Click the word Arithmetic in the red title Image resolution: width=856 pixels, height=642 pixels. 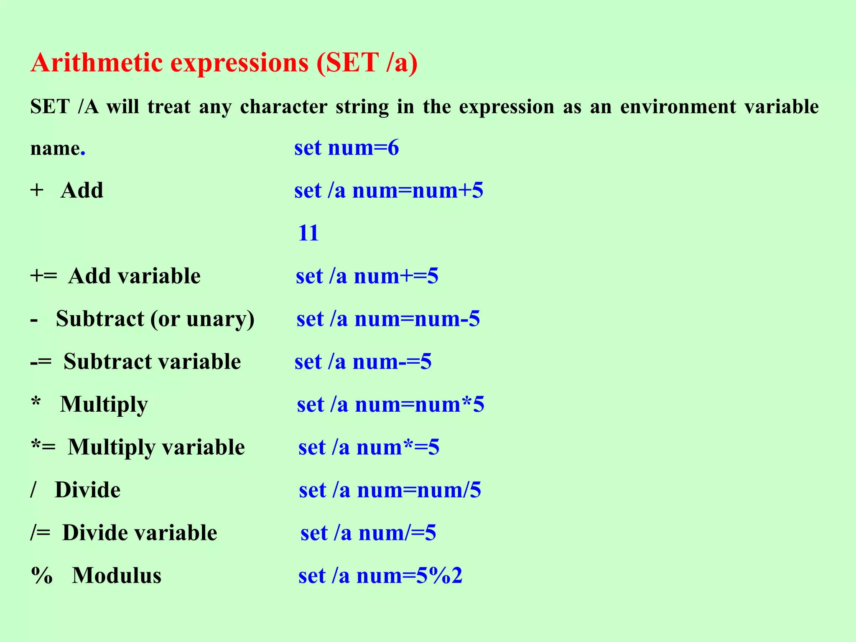pyautogui.click(x=97, y=63)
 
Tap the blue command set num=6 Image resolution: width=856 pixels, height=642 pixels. pyautogui.click(x=346, y=148)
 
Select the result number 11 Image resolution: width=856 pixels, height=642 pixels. pyautogui.click(x=308, y=233)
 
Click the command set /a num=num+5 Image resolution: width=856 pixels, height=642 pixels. pyautogui.click(x=389, y=191)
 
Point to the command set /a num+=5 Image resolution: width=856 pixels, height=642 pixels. pyautogui.click(x=367, y=276)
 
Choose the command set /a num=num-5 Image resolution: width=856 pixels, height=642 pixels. pyautogui.click(x=388, y=319)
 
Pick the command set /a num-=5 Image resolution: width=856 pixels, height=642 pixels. pyautogui.click(x=363, y=362)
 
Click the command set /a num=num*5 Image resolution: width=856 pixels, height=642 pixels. pyautogui.click(x=390, y=405)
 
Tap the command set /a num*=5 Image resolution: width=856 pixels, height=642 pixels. pyautogui.click(x=369, y=447)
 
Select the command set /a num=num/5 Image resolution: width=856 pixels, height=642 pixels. pyautogui.click(x=390, y=490)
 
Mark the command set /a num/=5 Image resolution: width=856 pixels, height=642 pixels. pyautogui.click(x=368, y=533)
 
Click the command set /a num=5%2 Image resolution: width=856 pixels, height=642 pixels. pyautogui.click(x=380, y=576)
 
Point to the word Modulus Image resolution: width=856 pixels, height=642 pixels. pyautogui.click(x=117, y=576)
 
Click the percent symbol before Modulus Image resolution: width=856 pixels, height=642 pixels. pyautogui.click(x=42, y=576)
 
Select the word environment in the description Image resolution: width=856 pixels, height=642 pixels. pyautogui.click(x=678, y=107)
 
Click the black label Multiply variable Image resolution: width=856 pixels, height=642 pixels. pyautogui.click(x=156, y=447)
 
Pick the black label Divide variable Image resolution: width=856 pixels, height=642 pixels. pyautogui.click(x=140, y=533)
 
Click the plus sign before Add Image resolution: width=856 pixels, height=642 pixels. pyautogui.click(x=37, y=191)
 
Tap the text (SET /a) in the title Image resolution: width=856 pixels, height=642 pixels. pyautogui.click(x=367, y=63)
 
